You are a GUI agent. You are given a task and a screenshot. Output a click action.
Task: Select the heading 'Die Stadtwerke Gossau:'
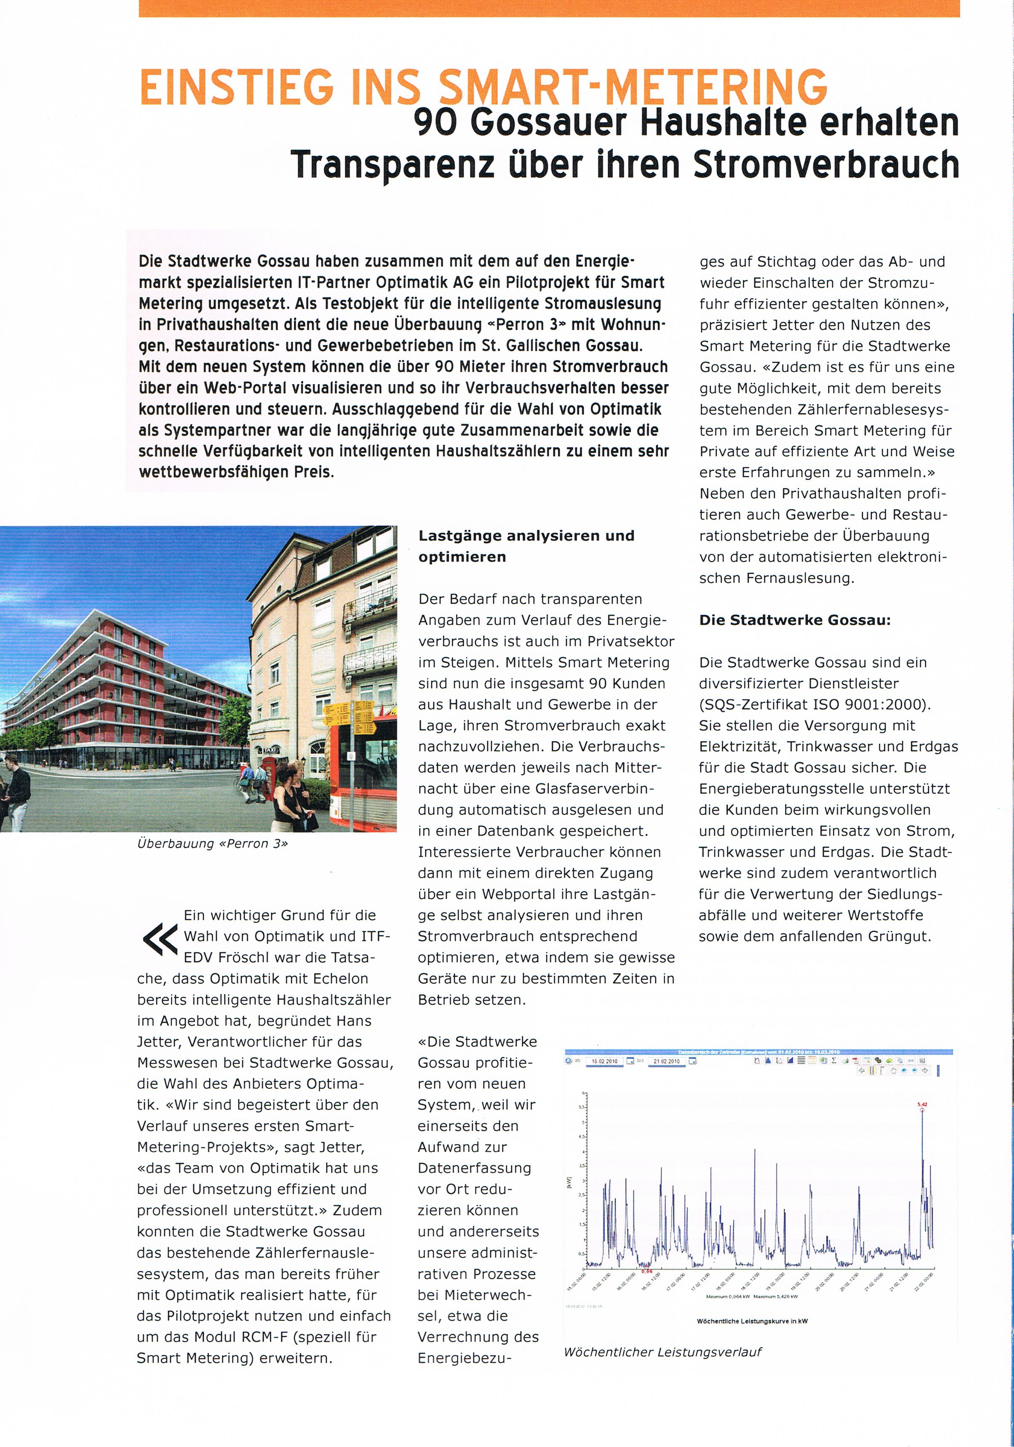point(795,620)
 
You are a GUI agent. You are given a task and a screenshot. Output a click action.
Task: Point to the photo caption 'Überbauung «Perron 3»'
point(212,844)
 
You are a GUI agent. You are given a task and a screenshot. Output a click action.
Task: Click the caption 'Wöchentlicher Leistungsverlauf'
point(662,1352)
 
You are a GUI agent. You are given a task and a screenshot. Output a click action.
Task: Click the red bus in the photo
point(366,775)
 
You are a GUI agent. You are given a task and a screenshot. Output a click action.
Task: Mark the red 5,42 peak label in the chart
point(922,1105)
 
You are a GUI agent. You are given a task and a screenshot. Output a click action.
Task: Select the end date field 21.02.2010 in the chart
point(666,1061)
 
